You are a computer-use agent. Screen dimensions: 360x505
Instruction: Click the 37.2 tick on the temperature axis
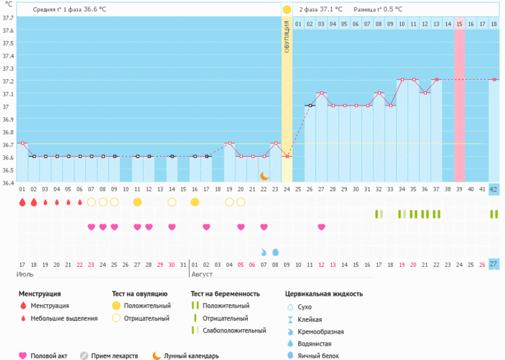[7, 81]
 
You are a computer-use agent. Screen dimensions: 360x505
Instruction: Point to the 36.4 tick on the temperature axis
[7, 183]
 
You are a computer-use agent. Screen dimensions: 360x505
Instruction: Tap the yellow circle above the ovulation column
[287, 10]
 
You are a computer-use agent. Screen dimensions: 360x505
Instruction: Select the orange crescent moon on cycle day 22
[264, 176]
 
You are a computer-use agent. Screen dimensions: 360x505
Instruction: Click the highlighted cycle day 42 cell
[494, 190]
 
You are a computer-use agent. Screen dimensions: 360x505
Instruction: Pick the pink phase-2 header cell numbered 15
[460, 24]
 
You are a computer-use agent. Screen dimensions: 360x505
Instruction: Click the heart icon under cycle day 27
[321, 227]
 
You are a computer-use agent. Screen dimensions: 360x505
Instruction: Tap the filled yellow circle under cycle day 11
[137, 202]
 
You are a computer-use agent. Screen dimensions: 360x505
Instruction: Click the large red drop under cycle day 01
[22, 202]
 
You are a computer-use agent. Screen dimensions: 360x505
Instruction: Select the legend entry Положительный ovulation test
[141, 306]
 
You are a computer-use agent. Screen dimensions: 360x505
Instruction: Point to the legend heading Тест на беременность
[225, 294]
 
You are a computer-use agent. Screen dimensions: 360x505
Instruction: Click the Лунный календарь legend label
[192, 356]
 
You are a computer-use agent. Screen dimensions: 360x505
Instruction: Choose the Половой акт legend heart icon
[23, 355]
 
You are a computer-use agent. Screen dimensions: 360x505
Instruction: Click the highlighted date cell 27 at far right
[494, 264]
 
